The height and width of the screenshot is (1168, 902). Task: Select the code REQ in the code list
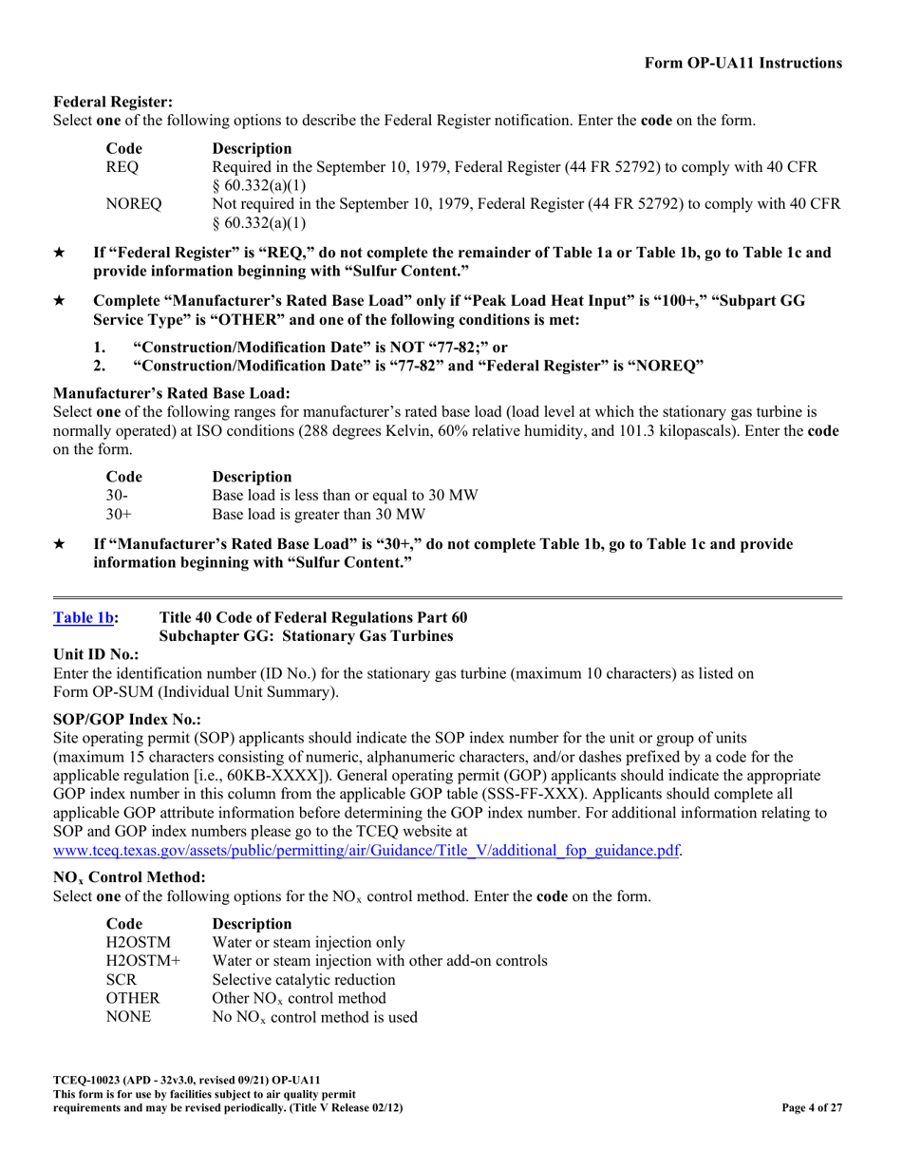click(122, 167)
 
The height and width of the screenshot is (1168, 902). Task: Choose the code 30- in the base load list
click(117, 496)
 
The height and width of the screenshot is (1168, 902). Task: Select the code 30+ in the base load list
click(119, 515)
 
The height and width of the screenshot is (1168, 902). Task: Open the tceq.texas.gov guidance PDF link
click(366, 850)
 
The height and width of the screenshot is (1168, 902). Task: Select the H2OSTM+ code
click(142, 961)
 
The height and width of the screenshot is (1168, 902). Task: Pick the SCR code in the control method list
click(122, 980)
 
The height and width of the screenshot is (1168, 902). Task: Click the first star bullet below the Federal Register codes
click(60, 254)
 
